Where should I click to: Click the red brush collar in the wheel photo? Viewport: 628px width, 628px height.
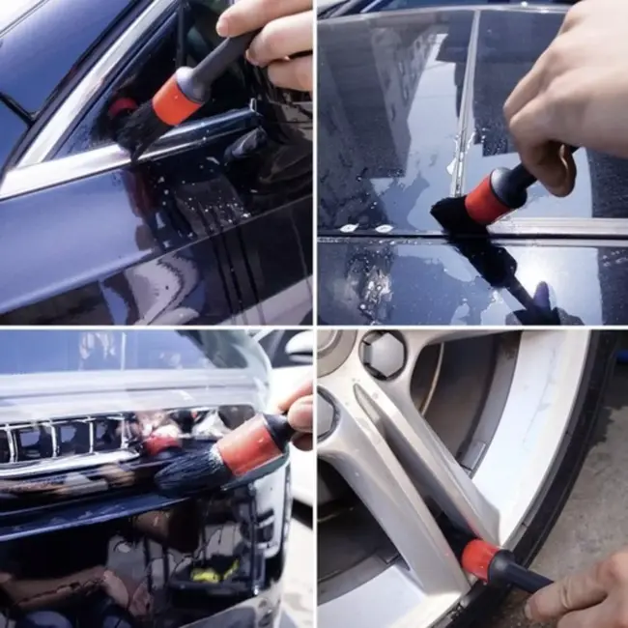[479, 559]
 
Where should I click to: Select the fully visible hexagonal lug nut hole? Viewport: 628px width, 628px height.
[384, 355]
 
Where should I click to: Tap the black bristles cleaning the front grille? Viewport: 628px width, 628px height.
[188, 472]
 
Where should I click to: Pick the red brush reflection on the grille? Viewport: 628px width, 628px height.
[159, 443]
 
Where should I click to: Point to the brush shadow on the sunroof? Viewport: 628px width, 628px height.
[512, 280]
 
